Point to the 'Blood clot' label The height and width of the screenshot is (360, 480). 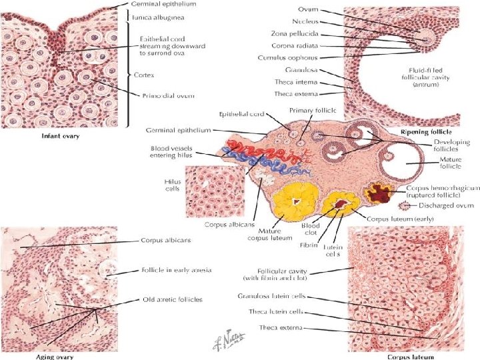[x=311, y=229]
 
